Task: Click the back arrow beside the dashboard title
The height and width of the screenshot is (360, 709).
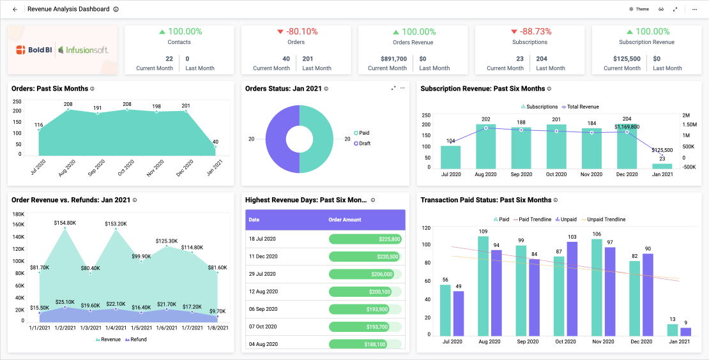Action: pyautogui.click(x=15, y=10)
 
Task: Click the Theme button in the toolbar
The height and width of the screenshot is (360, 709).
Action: pyautogui.click(x=639, y=10)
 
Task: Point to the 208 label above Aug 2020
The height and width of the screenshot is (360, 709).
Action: pyautogui.click(x=68, y=104)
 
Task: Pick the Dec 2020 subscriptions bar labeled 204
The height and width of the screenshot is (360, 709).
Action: pyautogui.click(x=627, y=147)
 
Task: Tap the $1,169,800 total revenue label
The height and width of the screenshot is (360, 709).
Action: pyautogui.click(x=627, y=127)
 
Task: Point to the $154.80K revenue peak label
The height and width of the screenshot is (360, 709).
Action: pyautogui.click(x=65, y=223)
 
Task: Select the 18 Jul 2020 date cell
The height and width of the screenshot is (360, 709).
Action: pyautogui.click(x=262, y=239)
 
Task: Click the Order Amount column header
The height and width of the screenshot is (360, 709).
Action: pyautogui.click(x=344, y=220)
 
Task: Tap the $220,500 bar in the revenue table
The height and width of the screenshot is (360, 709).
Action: pyautogui.click(x=365, y=257)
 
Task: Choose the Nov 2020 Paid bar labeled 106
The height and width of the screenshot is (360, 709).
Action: pyautogui.click(x=597, y=288)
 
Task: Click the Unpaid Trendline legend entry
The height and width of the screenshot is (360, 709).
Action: pyautogui.click(x=606, y=220)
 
